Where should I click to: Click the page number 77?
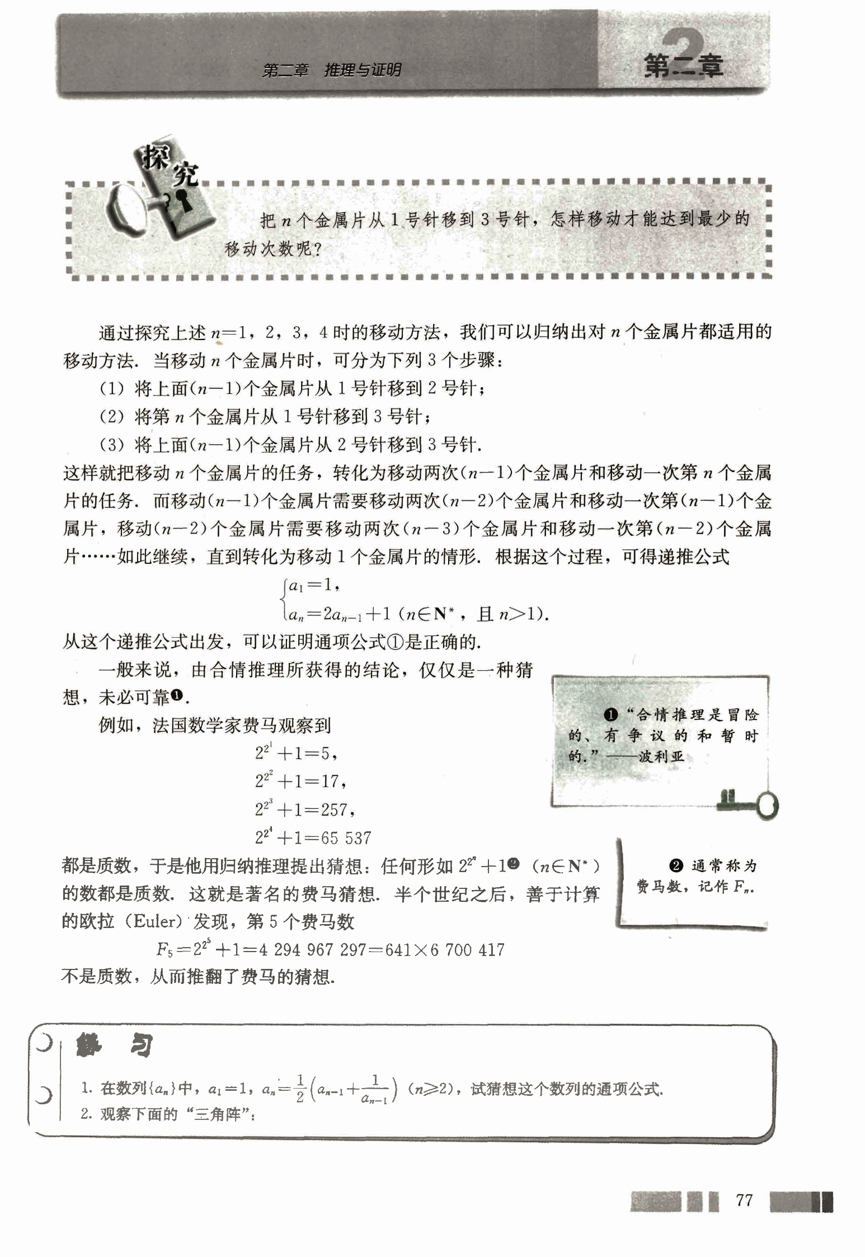point(744,1200)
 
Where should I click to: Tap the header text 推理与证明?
point(363,70)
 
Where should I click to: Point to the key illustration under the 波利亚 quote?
point(750,804)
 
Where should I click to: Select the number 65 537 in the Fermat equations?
point(346,837)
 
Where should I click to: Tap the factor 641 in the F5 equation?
point(398,949)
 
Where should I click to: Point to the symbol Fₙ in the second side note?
point(742,887)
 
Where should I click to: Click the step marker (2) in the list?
point(111,417)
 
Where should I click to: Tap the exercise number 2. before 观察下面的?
point(86,1114)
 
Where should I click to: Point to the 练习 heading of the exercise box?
point(115,1045)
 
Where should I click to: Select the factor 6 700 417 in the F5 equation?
point(467,949)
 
